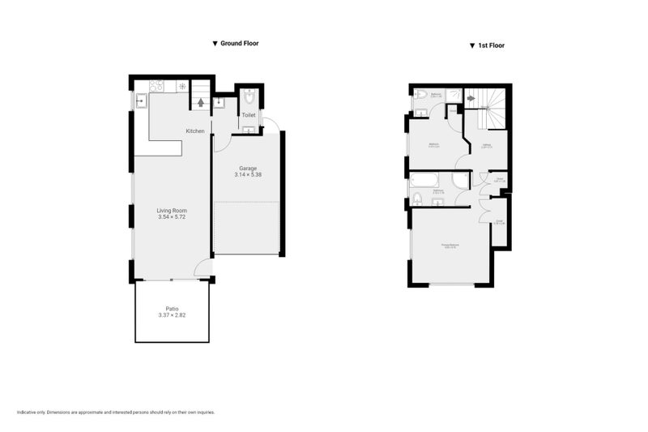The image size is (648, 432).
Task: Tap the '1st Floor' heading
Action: (491, 46)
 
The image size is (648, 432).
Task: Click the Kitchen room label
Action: (194, 131)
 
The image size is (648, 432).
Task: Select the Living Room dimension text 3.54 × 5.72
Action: (172, 217)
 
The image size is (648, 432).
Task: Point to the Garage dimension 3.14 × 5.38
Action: (248, 175)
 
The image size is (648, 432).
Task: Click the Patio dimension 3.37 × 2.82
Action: (172, 314)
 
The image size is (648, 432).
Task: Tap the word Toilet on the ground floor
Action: (248, 116)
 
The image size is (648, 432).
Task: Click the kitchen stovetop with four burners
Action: (156, 85)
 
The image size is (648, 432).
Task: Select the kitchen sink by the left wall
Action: (140, 101)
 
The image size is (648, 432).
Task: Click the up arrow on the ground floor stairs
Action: (200, 104)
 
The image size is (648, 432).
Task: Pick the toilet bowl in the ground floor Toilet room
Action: (249, 98)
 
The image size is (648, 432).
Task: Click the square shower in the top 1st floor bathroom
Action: (454, 96)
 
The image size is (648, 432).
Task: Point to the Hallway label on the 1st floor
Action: (487, 146)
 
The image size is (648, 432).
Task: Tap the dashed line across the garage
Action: (247, 203)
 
